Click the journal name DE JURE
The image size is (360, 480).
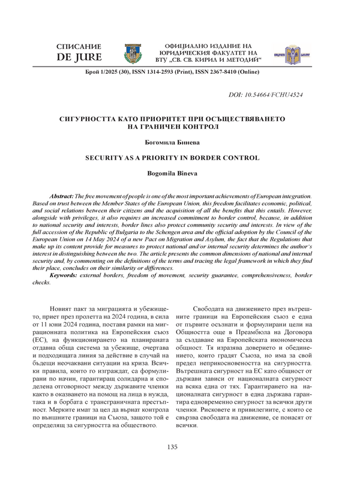coord(79,58)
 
